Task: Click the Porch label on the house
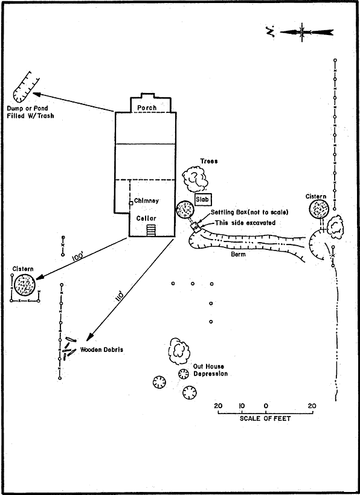coord(147,107)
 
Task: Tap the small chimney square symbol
coord(130,203)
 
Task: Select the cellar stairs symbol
coord(151,230)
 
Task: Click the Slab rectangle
coord(203,200)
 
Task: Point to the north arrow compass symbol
coord(302,32)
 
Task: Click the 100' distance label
coord(77,257)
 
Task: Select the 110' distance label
coord(121,297)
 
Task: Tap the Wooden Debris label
coord(101,350)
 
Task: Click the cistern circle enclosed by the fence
coord(25,285)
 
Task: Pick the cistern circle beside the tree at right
coord(319,209)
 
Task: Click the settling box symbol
coord(196,227)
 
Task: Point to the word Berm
coord(238,255)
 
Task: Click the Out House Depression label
coord(210,370)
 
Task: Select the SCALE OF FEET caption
coord(265,418)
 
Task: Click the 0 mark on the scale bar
coord(266,406)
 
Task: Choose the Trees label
coord(209,161)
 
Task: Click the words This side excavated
coord(245,223)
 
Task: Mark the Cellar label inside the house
coord(146,218)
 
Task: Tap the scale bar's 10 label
coord(242,406)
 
